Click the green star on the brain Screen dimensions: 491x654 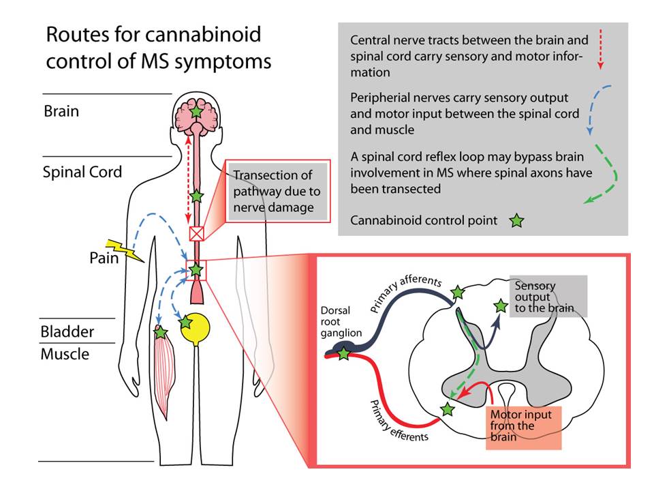(x=196, y=111)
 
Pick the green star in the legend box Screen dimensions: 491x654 (x=516, y=221)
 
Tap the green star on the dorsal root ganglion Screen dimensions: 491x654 (x=344, y=354)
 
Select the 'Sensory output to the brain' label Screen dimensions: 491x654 (x=544, y=297)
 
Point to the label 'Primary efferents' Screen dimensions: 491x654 (x=398, y=417)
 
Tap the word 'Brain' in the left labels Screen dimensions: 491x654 (x=61, y=110)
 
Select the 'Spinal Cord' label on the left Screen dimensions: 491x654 (x=82, y=171)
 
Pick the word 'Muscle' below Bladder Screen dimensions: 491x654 (x=65, y=355)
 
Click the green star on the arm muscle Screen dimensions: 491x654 (x=161, y=333)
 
